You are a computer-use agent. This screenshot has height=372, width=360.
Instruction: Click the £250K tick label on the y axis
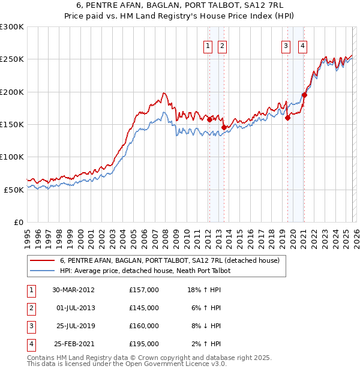(x=12, y=59)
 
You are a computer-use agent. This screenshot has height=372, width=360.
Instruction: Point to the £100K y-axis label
(x=12, y=157)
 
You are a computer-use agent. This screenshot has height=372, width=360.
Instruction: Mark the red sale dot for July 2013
(x=224, y=127)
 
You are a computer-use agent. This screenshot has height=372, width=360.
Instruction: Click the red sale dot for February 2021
(x=305, y=95)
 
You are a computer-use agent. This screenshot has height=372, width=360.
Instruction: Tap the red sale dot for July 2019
(x=287, y=118)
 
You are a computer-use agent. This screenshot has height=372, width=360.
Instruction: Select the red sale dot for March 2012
(x=209, y=119)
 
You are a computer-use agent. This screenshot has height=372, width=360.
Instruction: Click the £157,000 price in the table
(x=143, y=289)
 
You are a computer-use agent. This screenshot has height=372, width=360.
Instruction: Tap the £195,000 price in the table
(x=143, y=344)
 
